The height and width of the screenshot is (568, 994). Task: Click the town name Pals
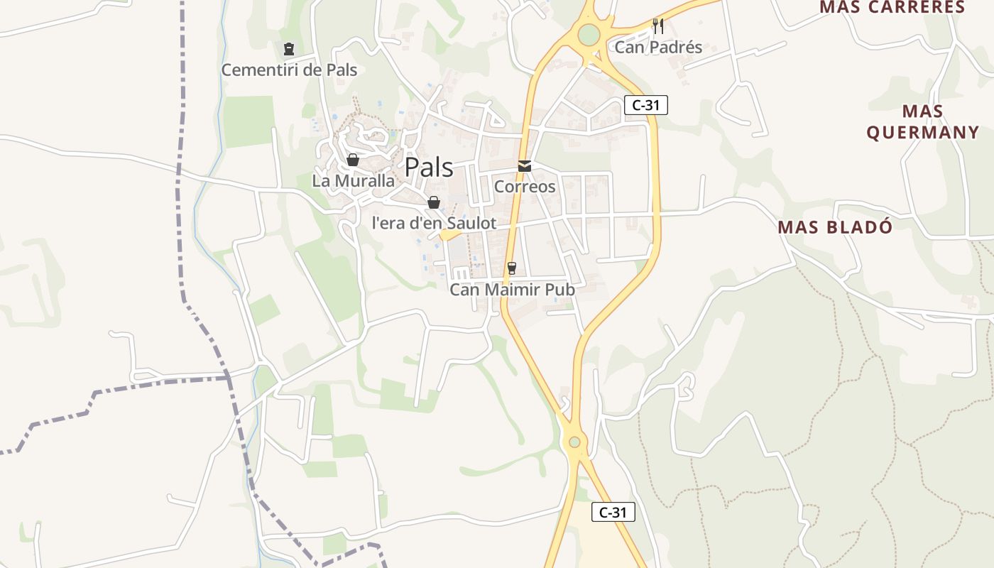coord(429,168)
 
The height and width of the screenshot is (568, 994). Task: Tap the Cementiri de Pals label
coord(289,70)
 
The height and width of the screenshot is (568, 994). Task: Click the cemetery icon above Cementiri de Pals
coord(288,49)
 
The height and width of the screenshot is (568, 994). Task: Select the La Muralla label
coord(353,181)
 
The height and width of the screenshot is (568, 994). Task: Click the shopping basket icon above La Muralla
coord(353,160)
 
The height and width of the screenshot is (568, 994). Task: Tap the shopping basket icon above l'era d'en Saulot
coord(434,202)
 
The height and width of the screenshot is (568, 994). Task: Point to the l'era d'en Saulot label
coord(434,223)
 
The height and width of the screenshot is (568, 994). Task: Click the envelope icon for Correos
coord(524,166)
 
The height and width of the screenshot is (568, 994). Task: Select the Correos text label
coord(524,187)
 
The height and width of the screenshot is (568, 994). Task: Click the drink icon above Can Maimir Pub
coord(511,268)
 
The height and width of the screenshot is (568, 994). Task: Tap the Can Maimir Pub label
coord(512,290)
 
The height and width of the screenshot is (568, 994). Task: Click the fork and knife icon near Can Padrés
coord(658,26)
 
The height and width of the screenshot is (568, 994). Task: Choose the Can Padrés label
coord(658,48)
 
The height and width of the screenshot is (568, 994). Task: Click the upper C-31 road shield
coord(646,105)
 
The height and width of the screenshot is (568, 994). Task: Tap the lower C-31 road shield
coord(613,512)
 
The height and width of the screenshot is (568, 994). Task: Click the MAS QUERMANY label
coord(923,122)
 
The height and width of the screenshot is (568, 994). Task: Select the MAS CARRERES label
coord(892,7)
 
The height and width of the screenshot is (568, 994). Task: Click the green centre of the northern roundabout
coord(589,33)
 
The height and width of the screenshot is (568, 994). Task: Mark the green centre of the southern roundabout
coord(574,442)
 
